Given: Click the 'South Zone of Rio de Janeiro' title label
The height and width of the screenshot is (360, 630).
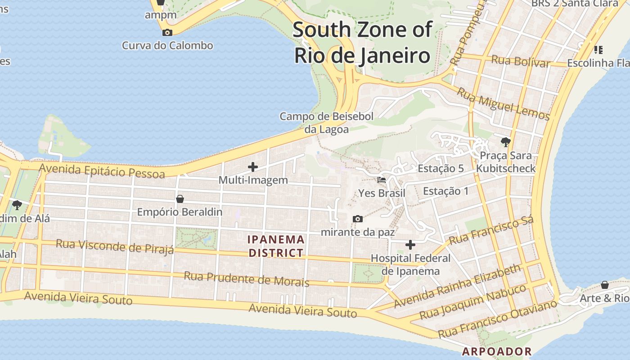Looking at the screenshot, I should click(362, 43).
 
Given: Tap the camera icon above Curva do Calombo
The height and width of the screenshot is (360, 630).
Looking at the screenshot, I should click(167, 32).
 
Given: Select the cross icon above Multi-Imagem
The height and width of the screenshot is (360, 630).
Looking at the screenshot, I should click(253, 167).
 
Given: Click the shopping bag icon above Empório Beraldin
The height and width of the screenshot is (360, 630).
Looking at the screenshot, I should click(180, 198).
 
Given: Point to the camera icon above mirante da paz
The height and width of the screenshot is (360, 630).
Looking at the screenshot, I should click(358, 219).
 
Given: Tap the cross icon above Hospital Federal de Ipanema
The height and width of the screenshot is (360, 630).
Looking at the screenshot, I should click(410, 245).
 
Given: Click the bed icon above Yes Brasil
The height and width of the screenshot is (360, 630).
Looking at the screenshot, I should click(382, 180).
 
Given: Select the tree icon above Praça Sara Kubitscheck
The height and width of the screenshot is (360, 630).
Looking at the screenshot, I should click(505, 142).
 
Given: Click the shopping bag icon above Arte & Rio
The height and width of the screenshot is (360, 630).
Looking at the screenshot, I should click(605, 285).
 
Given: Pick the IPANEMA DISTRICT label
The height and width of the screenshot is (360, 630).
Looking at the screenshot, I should click(276, 246).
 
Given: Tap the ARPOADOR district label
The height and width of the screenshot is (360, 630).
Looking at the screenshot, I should click(497, 351).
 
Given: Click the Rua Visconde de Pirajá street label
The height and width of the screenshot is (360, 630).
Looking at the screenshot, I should click(115, 246).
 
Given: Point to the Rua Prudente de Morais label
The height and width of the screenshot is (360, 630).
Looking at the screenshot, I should click(246, 279).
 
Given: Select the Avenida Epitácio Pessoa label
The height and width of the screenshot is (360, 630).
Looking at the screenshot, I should click(102, 171).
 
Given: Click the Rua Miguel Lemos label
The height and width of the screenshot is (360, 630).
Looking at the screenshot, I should click(503, 104).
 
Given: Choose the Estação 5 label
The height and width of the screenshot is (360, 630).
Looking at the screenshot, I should click(441, 169).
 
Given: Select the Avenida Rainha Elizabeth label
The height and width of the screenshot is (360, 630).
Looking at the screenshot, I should click(457, 286).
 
